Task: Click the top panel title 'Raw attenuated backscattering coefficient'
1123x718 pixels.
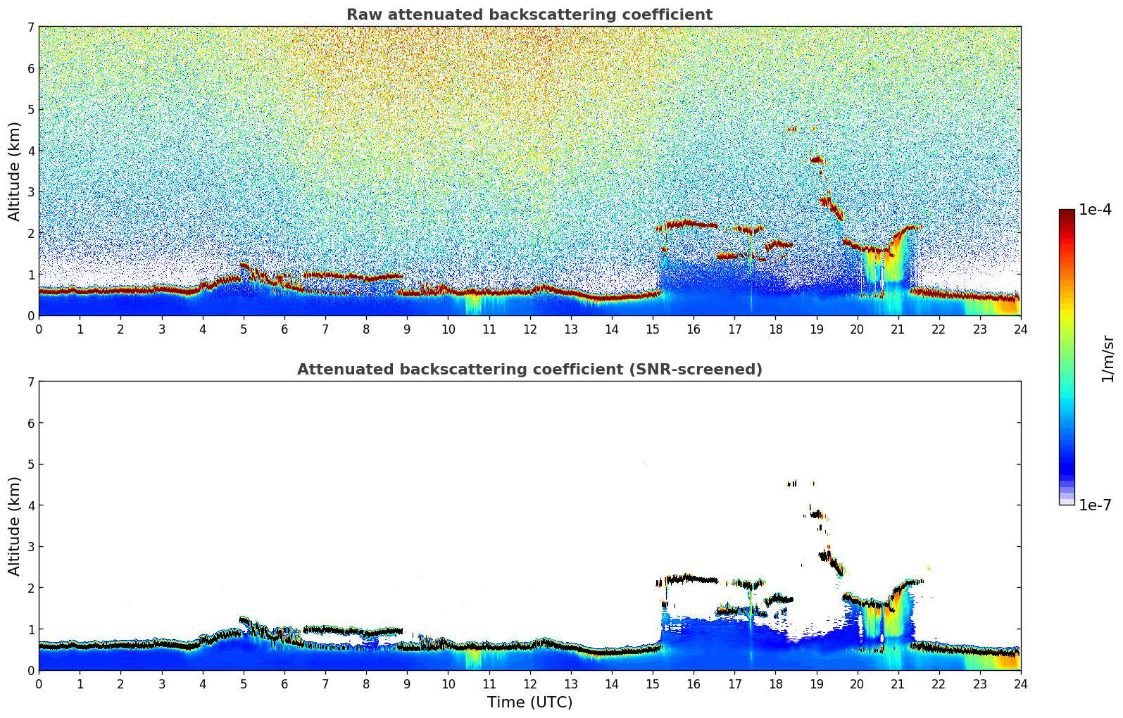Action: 529,15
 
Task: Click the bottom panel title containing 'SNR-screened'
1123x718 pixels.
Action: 529,370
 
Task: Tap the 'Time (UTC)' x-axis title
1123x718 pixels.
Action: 529,703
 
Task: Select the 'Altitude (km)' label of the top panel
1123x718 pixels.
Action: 15,171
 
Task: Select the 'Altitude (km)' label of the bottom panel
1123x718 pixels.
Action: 15,526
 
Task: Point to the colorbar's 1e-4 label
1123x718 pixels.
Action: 1095,210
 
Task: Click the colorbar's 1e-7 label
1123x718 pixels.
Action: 1095,505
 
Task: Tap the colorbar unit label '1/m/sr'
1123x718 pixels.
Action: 1108,358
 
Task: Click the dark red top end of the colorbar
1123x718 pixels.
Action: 1067,213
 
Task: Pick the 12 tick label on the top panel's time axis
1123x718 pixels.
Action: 529,329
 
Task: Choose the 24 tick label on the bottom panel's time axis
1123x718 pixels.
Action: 1020,684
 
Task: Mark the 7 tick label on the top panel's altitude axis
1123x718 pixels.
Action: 30,27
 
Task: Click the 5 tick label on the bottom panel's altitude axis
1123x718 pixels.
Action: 30,465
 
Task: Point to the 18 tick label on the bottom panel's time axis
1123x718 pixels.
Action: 775,684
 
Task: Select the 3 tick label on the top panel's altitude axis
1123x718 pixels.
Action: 30,192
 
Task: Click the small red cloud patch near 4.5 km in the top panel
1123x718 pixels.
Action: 792,129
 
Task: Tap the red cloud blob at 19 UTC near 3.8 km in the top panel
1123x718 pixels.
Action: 817,160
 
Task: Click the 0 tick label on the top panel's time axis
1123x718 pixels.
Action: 39,329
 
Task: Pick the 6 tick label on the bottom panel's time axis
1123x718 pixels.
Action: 284,684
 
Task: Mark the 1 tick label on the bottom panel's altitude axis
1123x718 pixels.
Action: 30,629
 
